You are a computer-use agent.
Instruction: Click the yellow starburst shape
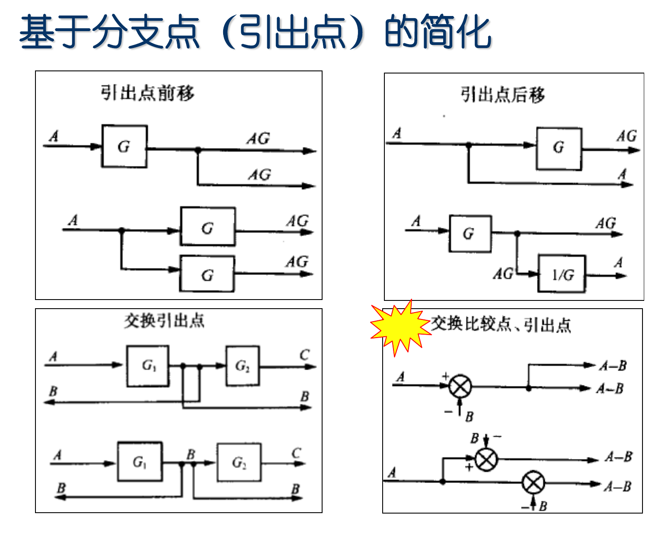pyautogui.click(x=400, y=327)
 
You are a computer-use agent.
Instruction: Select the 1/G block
pyautogui.click(x=562, y=274)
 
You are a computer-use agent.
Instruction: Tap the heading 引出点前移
pyautogui.click(x=147, y=93)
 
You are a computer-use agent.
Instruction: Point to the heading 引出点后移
pyautogui.click(x=502, y=95)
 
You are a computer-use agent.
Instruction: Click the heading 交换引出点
pyautogui.click(x=164, y=321)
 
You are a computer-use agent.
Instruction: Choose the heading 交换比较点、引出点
pyautogui.click(x=501, y=324)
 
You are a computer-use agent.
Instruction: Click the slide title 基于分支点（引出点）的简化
pyautogui.click(x=255, y=32)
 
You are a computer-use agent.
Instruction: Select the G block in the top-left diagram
pyautogui.click(x=124, y=147)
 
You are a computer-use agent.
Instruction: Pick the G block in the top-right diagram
pyautogui.click(x=559, y=148)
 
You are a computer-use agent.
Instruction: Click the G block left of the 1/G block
pyautogui.click(x=470, y=234)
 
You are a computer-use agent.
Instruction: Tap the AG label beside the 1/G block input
pyautogui.click(x=503, y=274)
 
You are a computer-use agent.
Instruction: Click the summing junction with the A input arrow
pyautogui.click(x=460, y=386)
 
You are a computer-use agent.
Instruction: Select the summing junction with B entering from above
pyautogui.click(x=486, y=459)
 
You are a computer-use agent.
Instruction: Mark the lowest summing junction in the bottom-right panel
pyautogui.click(x=533, y=483)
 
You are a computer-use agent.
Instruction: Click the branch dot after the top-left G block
pyautogui.click(x=198, y=150)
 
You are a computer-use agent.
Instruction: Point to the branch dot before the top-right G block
pyautogui.click(x=468, y=145)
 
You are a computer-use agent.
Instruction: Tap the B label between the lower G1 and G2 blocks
pyautogui.click(x=191, y=454)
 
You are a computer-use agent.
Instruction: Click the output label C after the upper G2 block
pyautogui.click(x=304, y=355)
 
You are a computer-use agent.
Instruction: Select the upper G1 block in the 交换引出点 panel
pyautogui.click(x=147, y=366)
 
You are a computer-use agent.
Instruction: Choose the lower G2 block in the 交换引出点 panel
pyautogui.click(x=239, y=463)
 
